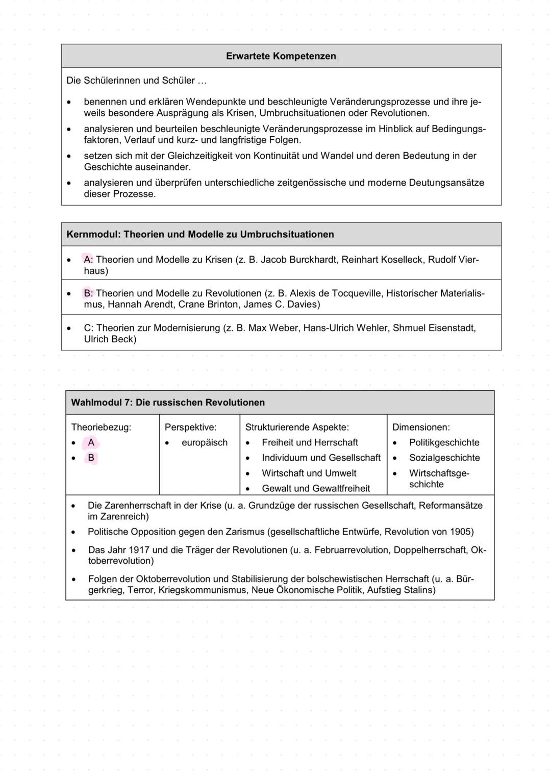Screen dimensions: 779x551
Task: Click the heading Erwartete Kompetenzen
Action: click(x=281, y=56)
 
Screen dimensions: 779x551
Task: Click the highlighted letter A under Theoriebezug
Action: click(x=91, y=443)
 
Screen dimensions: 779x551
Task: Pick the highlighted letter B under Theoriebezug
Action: click(x=91, y=458)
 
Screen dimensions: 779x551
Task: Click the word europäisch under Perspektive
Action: click(x=205, y=443)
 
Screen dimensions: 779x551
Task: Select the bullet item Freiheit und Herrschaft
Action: click(x=310, y=443)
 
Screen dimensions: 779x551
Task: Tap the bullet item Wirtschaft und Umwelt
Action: click(x=309, y=473)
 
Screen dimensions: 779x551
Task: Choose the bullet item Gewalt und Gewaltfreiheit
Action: click(x=316, y=489)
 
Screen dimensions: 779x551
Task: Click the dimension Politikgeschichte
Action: click(x=444, y=443)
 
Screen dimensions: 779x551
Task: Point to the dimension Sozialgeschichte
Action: click(x=444, y=458)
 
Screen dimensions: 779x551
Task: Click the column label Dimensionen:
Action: click(x=421, y=428)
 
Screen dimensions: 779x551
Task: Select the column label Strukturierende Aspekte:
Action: click(x=297, y=428)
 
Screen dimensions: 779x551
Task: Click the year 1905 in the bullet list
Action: click(x=461, y=532)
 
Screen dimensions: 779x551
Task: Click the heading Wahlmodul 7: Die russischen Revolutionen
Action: click(x=168, y=403)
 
